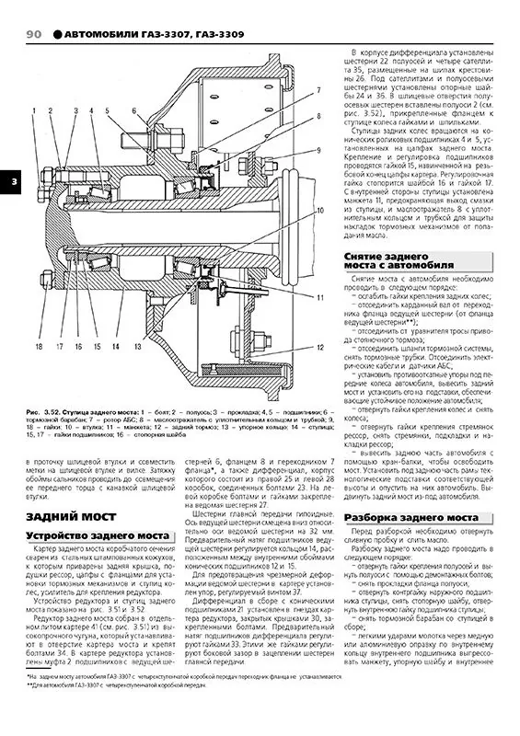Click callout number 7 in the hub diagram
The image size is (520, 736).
click(317, 89)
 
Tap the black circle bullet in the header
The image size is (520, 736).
click(58, 34)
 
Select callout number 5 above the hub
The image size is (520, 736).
click(107, 111)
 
